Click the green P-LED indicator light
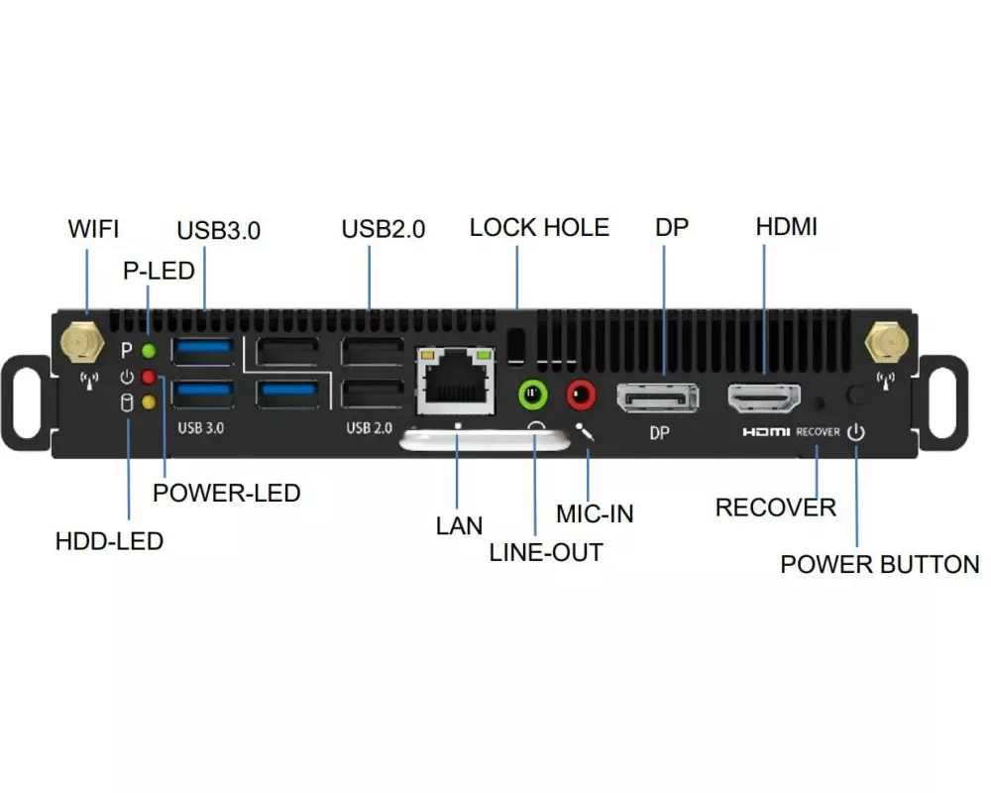point(149,350)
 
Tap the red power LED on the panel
point(149,377)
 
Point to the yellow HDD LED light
point(149,402)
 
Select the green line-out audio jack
point(533,395)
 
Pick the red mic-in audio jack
point(581,395)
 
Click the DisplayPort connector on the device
point(657,398)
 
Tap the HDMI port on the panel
point(764,398)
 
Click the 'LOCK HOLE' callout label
point(539,228)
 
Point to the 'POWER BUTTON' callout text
point(879,565)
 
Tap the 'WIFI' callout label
point(93,229)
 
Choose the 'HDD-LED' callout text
point(109,541)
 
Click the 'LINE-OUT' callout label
point(546,553)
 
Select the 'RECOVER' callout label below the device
point(775,508)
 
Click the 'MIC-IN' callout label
point(594,513)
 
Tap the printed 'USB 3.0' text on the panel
point(201,428)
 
